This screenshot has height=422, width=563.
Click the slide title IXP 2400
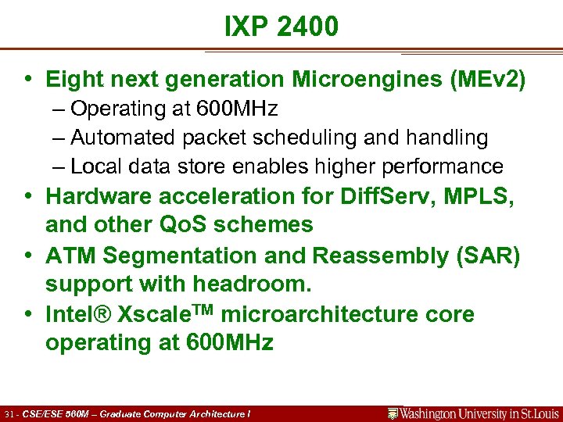click(x=281, y=27)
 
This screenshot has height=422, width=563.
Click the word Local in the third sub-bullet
click(x=95, y=166)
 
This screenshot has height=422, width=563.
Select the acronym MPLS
click(x=482, y=196)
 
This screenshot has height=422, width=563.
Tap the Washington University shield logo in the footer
click(x=393, y=413)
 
